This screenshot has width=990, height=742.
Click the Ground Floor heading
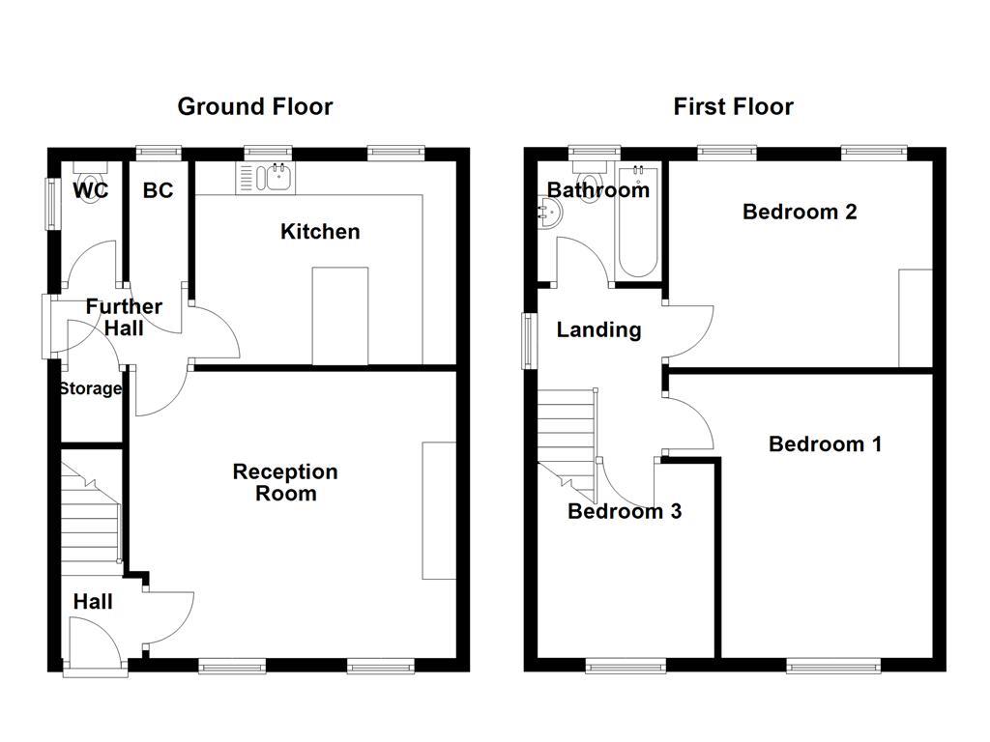254,106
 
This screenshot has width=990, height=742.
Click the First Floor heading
733,106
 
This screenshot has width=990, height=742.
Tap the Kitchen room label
320,231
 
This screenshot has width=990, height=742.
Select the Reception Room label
285,482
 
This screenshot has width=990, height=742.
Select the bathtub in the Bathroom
638,221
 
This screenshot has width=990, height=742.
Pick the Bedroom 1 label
825,443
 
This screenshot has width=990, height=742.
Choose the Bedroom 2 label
800,211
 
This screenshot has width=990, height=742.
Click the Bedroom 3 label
624,511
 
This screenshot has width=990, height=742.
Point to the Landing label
598,329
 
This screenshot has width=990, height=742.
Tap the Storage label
90,388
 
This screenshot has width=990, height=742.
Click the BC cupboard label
159,190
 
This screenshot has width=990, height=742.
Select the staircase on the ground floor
91,512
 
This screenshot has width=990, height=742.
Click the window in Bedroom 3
626,665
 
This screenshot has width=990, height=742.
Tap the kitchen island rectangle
340,316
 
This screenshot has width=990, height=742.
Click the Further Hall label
124,318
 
